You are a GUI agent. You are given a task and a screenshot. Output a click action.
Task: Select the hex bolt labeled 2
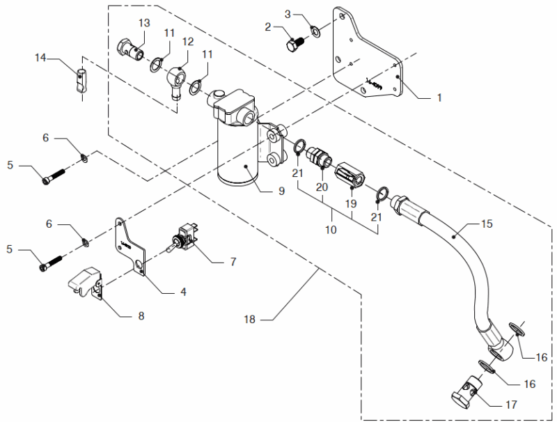(292, 43)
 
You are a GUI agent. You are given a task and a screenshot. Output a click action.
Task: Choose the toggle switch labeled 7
(187, 239)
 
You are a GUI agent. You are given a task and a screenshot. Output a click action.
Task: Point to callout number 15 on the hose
(485, 224)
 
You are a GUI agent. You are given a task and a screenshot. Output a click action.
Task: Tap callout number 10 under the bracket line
(331, 228)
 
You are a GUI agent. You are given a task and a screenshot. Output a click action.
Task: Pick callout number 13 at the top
(144, 23)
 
